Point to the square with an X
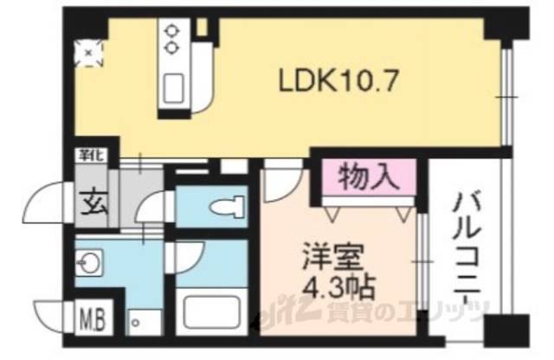coord(87,54)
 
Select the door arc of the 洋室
coord(280,181)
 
